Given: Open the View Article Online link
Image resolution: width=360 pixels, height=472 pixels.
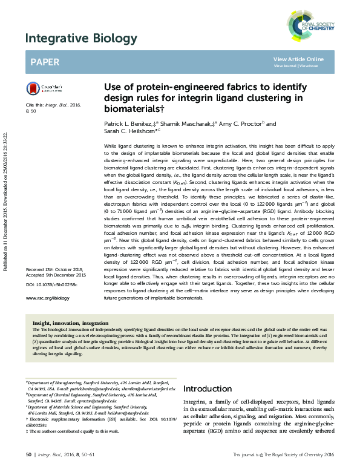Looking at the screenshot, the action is point(298,59).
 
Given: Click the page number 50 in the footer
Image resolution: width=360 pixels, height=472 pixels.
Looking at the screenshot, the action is point(28,454).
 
